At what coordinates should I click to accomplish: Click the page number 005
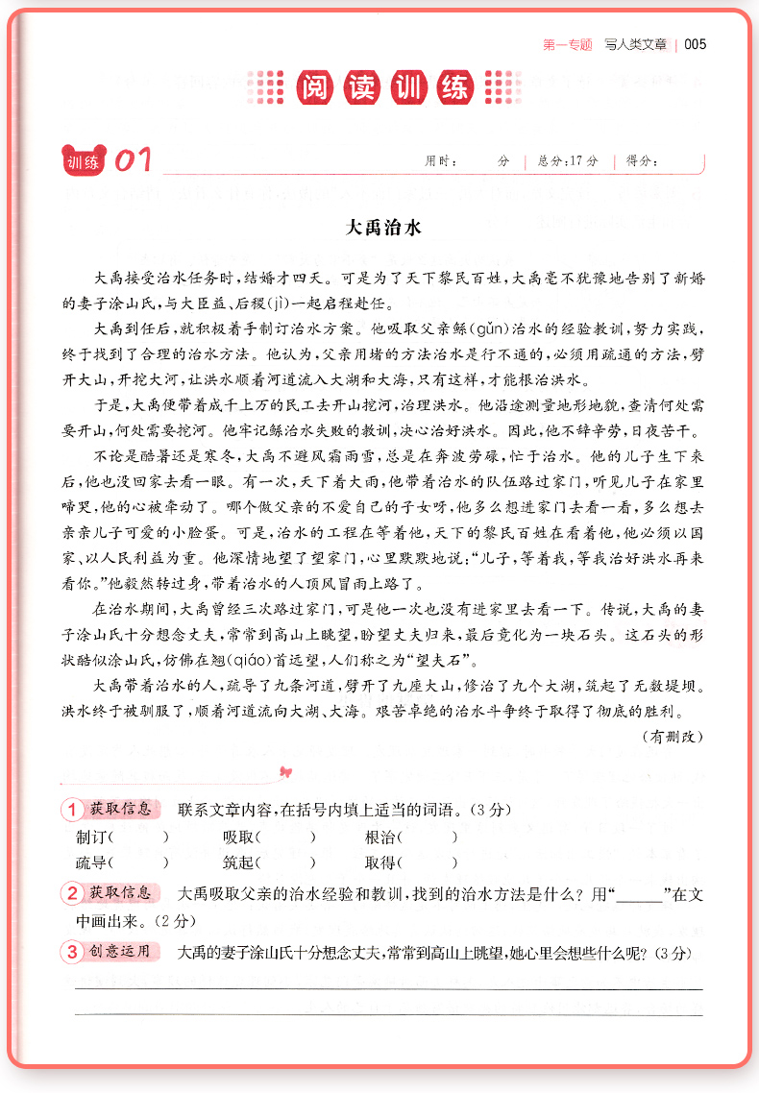pos(696,44)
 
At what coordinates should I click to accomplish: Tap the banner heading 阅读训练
pos(382,87)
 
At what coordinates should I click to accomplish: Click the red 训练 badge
pos(84,161)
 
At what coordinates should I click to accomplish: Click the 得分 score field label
pos(641,161)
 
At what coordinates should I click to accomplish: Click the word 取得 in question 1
pos(379,862)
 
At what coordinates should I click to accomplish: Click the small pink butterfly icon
pos(283,770)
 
